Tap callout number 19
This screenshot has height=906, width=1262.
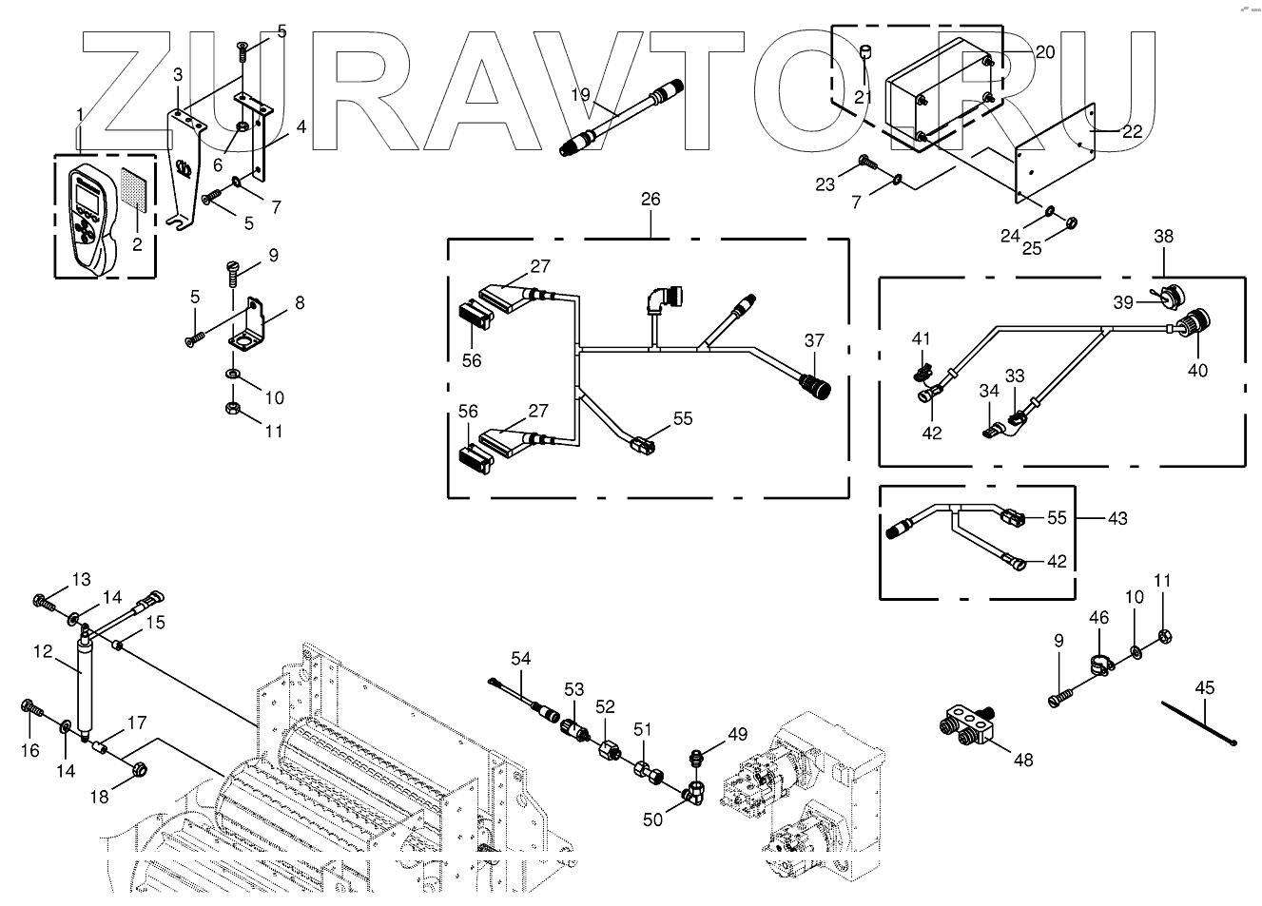[x=581, y=95]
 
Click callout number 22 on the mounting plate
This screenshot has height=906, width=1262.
[x=1132, y=132]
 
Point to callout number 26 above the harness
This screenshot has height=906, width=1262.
[x=650, y=200]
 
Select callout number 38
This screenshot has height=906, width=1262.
[x=1164, y=236]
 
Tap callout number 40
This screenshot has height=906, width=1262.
[x=1197, y=370]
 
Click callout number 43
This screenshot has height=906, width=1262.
[x=1117, y=518]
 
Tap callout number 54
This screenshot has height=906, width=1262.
[x=520, y=658]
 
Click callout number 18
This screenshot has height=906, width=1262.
[x=100, y=798]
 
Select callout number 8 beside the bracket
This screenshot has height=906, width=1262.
[x=300, y=304]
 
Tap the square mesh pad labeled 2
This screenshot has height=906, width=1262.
[x=133, y=190]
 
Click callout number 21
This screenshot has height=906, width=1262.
[x=863, y=96]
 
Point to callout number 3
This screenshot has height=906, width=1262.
[x=178, y=74]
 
